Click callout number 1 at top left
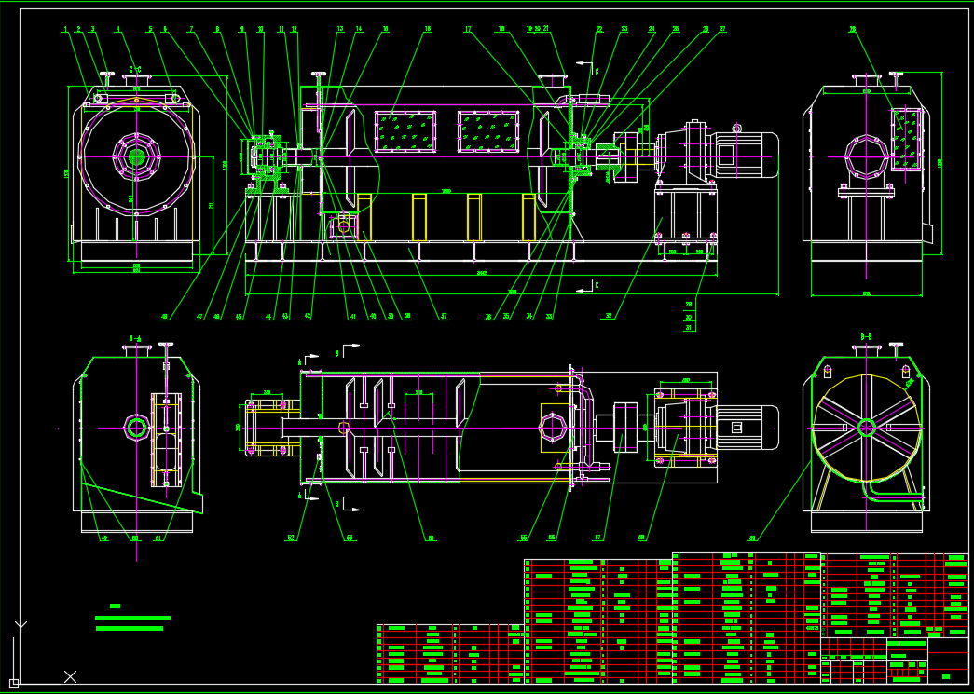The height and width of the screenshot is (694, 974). point(65,30)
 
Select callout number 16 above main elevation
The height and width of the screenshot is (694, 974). point(428,30)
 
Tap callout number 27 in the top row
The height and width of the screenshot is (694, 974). point(721,30)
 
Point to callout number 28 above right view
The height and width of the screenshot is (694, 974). point(853,30)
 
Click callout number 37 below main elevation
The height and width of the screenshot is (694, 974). point(444,317)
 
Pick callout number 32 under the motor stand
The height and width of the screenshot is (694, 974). point(608,317)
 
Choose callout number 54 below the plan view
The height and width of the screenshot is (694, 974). point(432,538)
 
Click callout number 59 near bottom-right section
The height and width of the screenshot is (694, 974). point(752,538)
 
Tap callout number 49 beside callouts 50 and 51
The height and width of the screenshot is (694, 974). point(104,538)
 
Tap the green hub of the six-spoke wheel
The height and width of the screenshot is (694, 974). point(867,428)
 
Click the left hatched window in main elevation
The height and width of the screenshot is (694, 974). point(405,131)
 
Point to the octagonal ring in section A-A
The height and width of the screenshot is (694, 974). point(137,428)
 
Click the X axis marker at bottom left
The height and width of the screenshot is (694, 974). point(70,676)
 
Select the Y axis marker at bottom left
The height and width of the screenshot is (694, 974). point(21,626)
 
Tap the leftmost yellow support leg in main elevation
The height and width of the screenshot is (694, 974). point(364,216)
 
